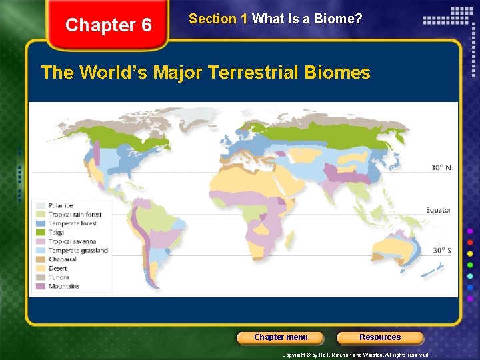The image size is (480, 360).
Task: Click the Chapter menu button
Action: tap(281, 337)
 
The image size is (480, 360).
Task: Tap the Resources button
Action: tap(380, 337)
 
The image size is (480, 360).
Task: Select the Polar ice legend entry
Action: tap(60, 205)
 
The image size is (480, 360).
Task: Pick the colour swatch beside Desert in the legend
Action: tap(41, 269)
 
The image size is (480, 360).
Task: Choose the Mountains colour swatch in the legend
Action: tap(41, 287)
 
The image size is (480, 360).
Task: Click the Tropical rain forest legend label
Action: tap(75, 215)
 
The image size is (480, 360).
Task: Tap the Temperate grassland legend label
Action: tap(77, 251)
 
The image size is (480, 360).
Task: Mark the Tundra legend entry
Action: tap(58, 277)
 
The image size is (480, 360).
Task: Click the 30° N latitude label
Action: tap(441, 167)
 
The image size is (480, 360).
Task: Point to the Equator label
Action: tap(439, 211)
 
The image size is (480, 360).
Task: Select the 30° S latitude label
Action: tap(441, 251)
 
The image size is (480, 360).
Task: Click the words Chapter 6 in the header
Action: tap(109, 25)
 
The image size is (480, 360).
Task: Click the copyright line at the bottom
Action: tap(355, 355)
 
